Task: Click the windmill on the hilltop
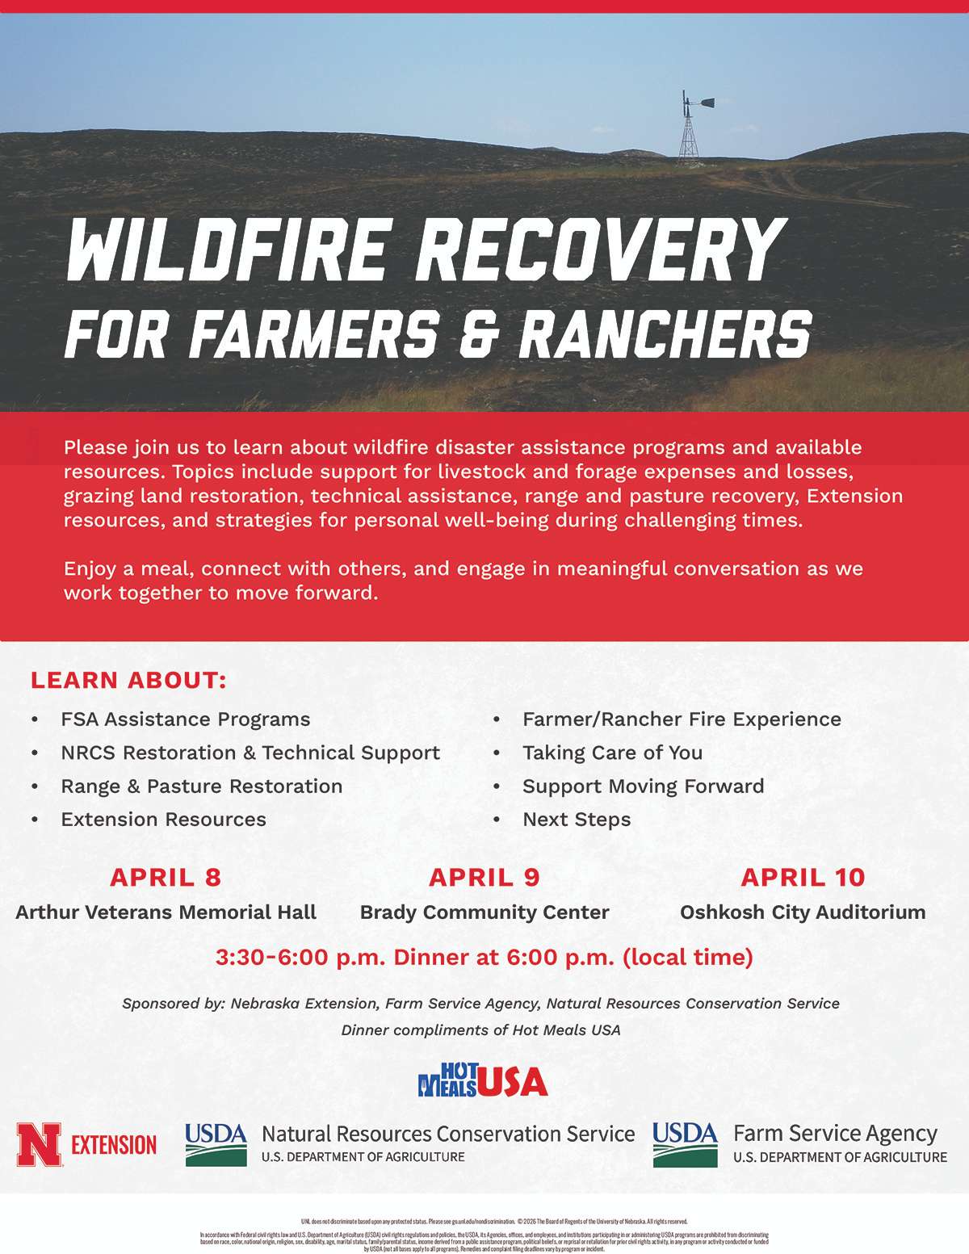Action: coord(689,128)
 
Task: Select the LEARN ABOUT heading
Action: coord(128,680)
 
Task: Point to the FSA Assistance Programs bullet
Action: coord(185,719)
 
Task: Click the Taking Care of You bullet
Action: coord(612,753)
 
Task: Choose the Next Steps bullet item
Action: coord(577,820)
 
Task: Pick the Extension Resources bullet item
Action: coord(163,820)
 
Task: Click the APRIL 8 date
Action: coord(166,877)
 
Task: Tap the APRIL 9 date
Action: coord(484,877)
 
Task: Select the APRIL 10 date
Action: coord(803,877)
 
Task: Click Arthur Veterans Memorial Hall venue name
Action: coord(166,912)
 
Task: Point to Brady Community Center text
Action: coord(484,912)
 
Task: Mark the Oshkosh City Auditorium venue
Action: coord(803,912)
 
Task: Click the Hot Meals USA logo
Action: coord(483,1080)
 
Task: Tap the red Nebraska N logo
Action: coord(39,1144)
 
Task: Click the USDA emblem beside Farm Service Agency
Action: coord(685,1144)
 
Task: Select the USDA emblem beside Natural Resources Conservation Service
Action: coord(216,1144)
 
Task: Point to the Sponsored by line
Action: coord(480,1004)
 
